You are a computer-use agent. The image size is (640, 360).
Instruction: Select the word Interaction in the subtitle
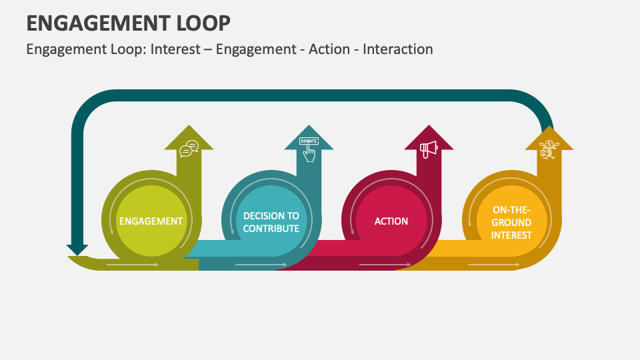398,49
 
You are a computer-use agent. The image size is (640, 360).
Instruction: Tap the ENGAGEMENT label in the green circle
151,221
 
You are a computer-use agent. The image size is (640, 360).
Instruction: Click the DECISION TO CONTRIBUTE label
271,222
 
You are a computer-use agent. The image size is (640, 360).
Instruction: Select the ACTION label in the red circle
391,221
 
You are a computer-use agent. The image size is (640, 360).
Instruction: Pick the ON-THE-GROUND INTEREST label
512,222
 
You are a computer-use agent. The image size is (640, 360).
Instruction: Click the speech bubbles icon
189,148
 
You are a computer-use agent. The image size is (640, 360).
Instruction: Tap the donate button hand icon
309,149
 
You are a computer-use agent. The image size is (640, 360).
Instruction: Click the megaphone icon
428,148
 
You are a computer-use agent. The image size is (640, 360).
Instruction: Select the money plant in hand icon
549,149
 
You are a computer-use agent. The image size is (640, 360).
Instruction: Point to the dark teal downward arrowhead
77,250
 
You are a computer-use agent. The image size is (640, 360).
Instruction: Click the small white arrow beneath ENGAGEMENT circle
133,265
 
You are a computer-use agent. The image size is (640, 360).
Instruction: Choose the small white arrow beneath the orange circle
494,265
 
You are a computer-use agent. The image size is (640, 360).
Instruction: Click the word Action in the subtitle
329,49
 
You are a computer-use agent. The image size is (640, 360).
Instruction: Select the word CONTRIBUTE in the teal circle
271,229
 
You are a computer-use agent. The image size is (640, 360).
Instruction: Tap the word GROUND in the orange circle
512,222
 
